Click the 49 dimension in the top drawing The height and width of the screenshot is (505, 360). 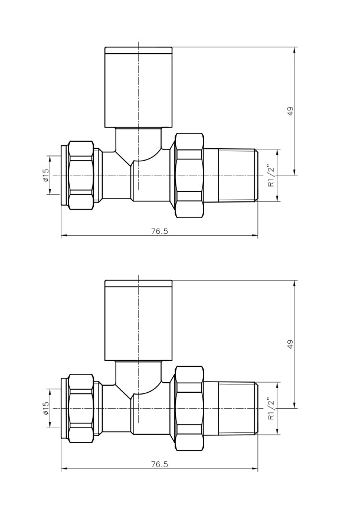point(290,111)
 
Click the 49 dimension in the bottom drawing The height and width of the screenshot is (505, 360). point(290,344)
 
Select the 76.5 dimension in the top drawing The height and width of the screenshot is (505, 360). point(159,231)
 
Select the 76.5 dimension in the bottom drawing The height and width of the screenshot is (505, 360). point(159,464)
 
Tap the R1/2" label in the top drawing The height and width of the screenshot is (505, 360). point(271,175)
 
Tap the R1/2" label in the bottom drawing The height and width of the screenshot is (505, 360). point(271,408)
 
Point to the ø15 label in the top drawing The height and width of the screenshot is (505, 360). point(46,175)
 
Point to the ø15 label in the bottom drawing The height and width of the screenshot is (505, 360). point(46,408)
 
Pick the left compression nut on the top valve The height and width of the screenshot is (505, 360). point(81,175)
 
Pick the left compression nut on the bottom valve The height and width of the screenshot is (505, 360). point(81,408)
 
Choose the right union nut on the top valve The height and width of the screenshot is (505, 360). point(189,175)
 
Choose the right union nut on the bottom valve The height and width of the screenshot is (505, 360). point(189,408)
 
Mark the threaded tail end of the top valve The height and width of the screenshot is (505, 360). point(238,175)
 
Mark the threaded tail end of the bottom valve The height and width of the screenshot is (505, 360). point(238,408)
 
